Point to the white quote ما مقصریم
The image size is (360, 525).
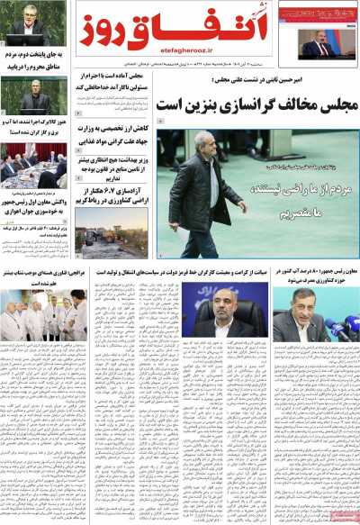(312, 213)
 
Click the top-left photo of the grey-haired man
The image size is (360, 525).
(33, 23)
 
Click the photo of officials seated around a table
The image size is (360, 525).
(33, 162)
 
